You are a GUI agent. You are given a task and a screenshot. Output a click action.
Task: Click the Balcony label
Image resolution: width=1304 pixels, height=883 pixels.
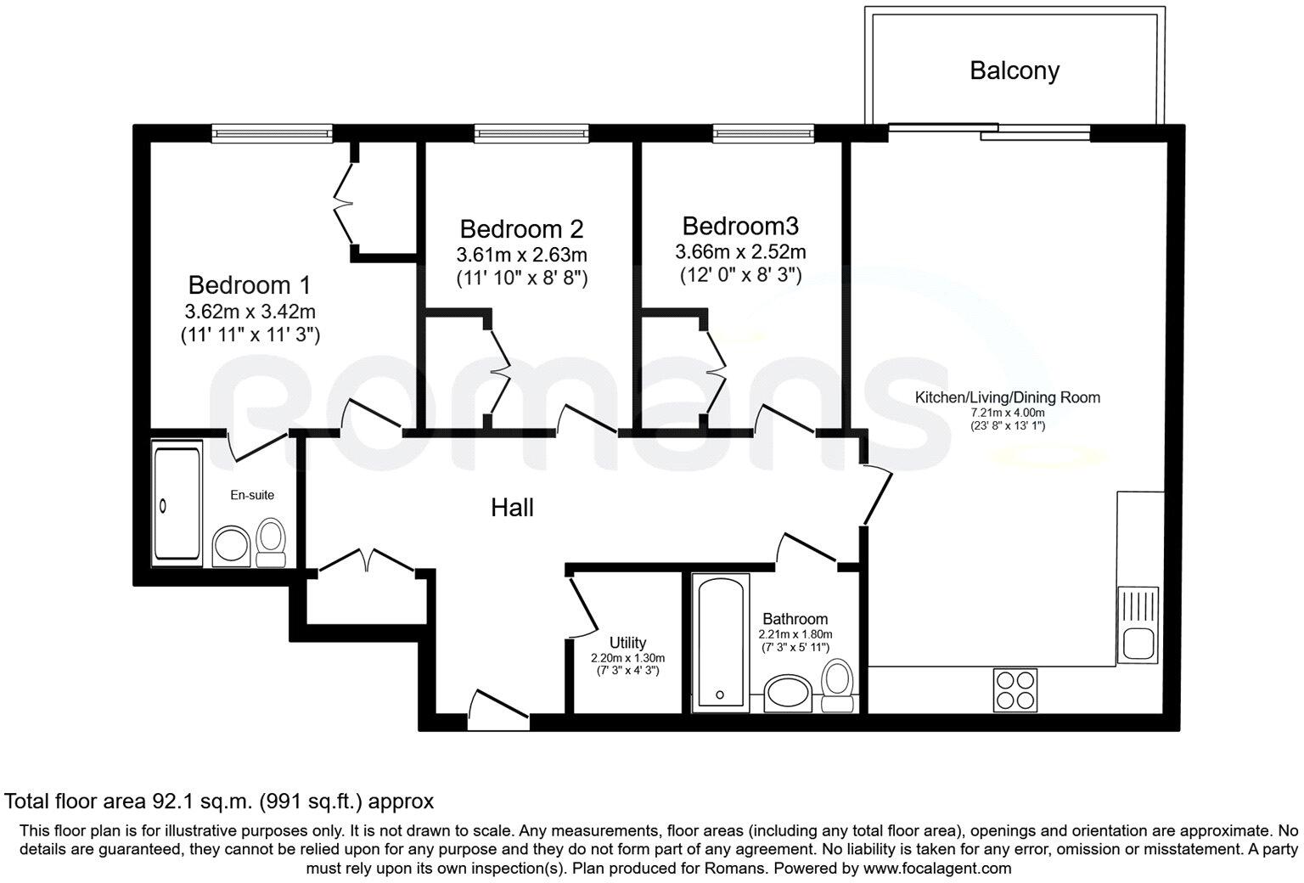(1015, 71)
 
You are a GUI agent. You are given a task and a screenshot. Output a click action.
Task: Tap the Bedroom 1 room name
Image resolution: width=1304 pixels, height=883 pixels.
(249, 285)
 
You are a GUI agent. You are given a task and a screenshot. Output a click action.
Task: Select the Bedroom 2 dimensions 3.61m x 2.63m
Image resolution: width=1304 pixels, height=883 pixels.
(521, 255)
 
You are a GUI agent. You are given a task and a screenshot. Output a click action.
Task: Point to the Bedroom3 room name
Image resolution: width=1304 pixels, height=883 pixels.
(740, 226)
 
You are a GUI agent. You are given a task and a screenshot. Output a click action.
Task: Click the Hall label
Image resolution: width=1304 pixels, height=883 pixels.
(512, 508)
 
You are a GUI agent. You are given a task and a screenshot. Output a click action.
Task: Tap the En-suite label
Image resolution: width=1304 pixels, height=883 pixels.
(252, 495)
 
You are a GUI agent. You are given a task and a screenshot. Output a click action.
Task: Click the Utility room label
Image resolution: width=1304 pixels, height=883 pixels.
(627, 642)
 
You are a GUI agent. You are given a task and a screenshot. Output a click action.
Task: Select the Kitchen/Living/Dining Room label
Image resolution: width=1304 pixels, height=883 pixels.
(1008, 397)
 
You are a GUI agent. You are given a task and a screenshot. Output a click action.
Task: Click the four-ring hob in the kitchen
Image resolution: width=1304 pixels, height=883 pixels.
(1015, 689)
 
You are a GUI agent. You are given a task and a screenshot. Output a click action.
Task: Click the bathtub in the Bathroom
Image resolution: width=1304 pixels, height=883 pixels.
(720, 644)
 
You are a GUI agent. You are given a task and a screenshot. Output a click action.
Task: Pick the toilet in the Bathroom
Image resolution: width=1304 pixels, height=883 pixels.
(837, 686)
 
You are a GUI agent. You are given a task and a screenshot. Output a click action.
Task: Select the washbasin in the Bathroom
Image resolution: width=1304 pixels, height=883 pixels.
(788, 694)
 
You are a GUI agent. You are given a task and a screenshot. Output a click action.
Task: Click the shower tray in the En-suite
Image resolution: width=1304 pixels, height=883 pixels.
(177, 503)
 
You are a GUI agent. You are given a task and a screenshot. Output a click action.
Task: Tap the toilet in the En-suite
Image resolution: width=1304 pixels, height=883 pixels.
(271, 543)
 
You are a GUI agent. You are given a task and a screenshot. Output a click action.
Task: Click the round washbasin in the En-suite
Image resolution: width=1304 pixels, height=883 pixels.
(231, 546)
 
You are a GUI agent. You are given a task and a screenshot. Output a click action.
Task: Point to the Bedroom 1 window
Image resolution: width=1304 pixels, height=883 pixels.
(272, 133)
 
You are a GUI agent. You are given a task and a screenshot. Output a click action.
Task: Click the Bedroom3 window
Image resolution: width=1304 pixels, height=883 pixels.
(764, 133)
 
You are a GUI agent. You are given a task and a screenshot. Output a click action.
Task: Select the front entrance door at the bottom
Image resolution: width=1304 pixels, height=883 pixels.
(498, 711)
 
